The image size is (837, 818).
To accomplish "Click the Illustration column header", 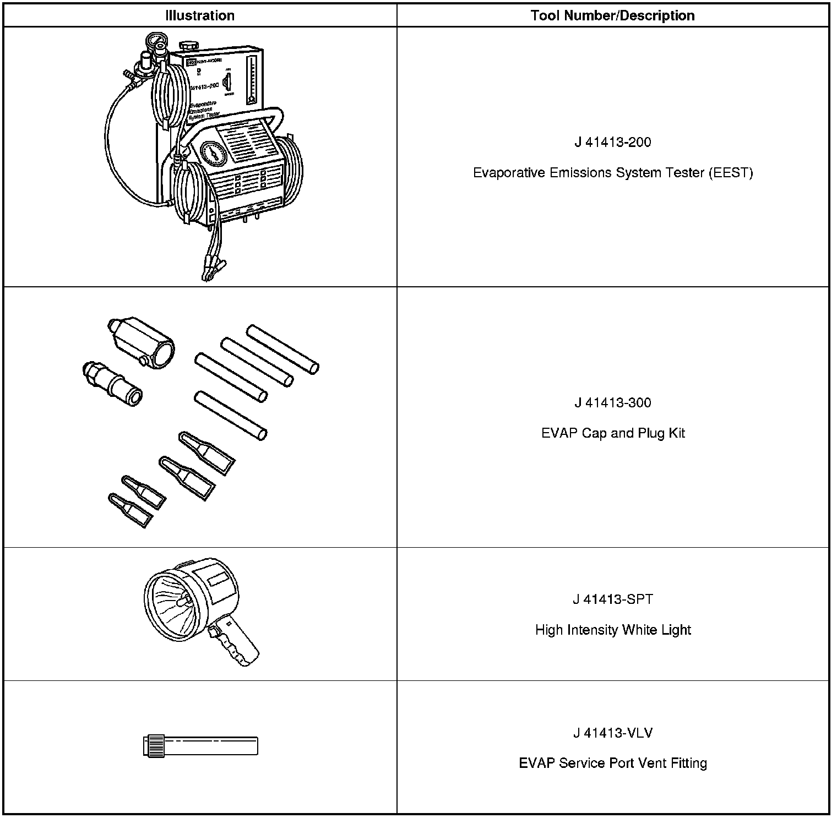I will [x=199, y=15].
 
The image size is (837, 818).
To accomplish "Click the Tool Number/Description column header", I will [x=612, y=15].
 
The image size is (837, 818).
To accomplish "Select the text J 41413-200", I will [x=612, y=143].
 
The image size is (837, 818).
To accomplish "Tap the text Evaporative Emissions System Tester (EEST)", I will [x=612, y=173].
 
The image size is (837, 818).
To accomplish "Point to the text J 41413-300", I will [x=612, y=403].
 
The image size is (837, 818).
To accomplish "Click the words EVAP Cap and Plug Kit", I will [x=612, y=433].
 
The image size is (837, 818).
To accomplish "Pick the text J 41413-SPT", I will [x=612, y=599].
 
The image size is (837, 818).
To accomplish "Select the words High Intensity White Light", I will [x=612, y=630].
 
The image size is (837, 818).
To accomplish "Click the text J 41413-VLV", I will [x=612, y=733].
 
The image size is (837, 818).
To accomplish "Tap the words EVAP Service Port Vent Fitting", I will [x=612, y=764].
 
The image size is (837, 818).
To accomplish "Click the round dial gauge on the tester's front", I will [x=214, y=154].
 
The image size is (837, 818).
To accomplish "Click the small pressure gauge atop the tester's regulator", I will [x=154, y=41].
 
